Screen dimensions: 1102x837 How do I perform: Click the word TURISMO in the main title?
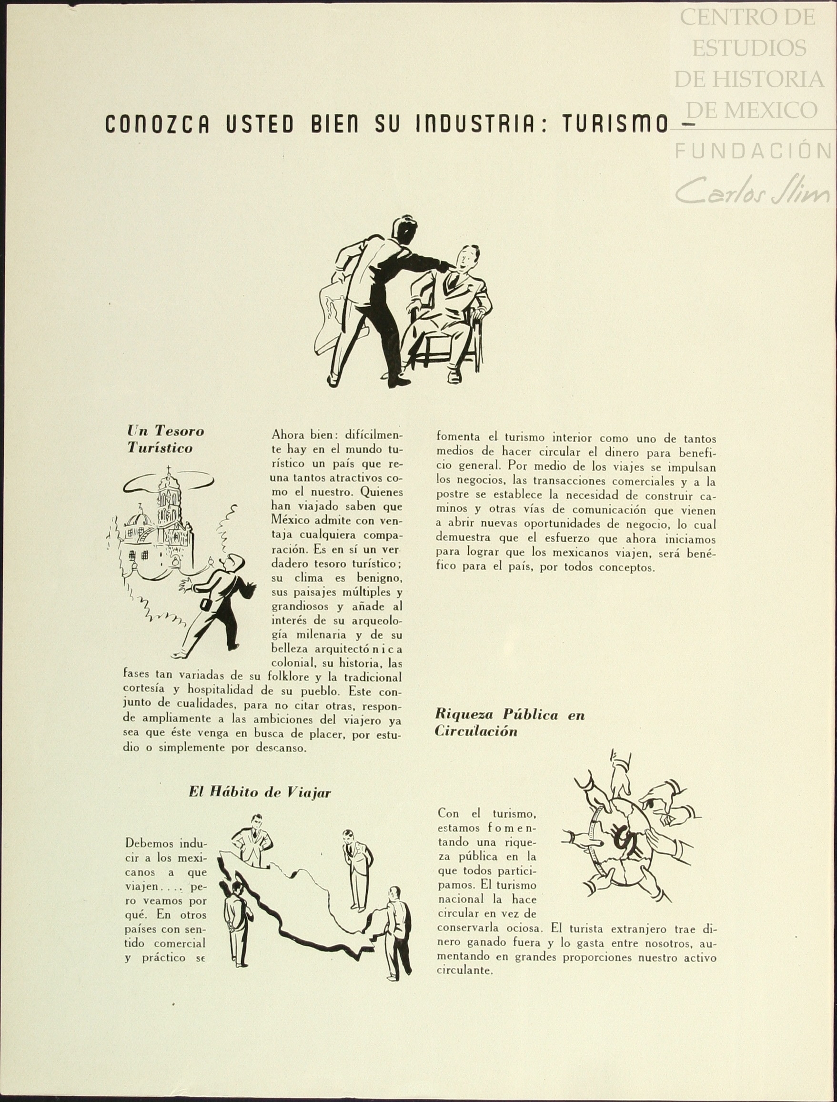pyautogui.click(x=615, y=124)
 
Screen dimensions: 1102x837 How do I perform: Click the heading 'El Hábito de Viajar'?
pyautogui.click(x=260, y=792)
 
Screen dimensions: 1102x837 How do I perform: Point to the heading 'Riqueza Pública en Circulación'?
pyautogui.click(x=509, y=723)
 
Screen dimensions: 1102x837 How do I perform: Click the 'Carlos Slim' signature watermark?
pyautogui.click(x=752, y=190)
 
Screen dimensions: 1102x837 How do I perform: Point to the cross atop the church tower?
pyautogui.click(x=168, y=471)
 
